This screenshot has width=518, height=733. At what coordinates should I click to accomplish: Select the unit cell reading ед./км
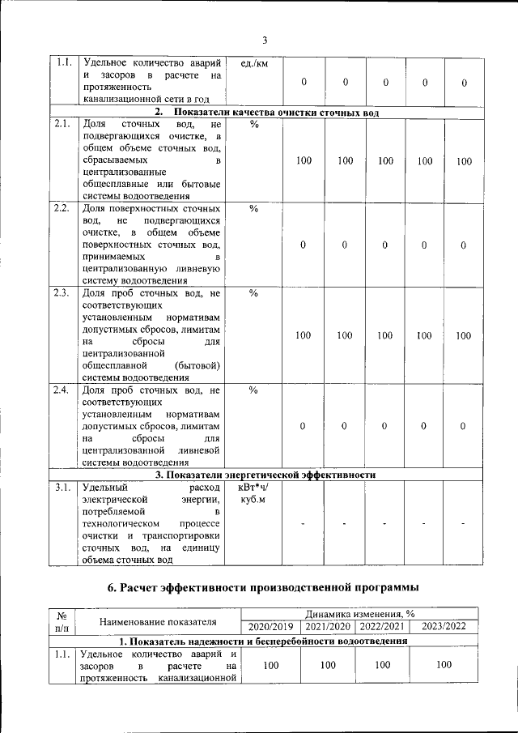pos(254,64)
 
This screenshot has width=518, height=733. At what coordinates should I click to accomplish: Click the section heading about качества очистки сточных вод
pos(266,112)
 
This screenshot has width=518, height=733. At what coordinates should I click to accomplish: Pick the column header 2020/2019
pos(270,627)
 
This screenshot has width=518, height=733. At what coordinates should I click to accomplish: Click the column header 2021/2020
pos(327,627)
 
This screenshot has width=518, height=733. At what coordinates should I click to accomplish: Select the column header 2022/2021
pos(381,627)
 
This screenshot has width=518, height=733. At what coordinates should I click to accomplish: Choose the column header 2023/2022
pos(444,627)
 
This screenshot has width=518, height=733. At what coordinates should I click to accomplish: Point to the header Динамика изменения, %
pos(359,615)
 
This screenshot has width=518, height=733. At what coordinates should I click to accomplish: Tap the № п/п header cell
pos(62,621)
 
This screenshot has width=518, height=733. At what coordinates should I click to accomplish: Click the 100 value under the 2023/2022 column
pos(444,665)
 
